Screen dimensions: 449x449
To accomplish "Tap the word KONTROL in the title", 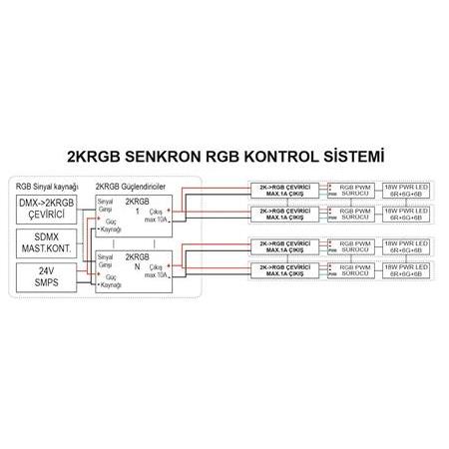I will point(288,157).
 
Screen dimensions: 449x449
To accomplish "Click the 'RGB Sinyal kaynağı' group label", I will point(48,186).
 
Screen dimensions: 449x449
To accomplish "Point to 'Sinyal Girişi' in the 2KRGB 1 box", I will point(105,204).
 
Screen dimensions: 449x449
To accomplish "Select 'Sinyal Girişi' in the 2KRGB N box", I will point(105,258).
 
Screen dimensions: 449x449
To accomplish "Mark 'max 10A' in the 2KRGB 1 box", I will point(159,220).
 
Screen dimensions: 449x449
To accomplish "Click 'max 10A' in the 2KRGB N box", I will point(159,275).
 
